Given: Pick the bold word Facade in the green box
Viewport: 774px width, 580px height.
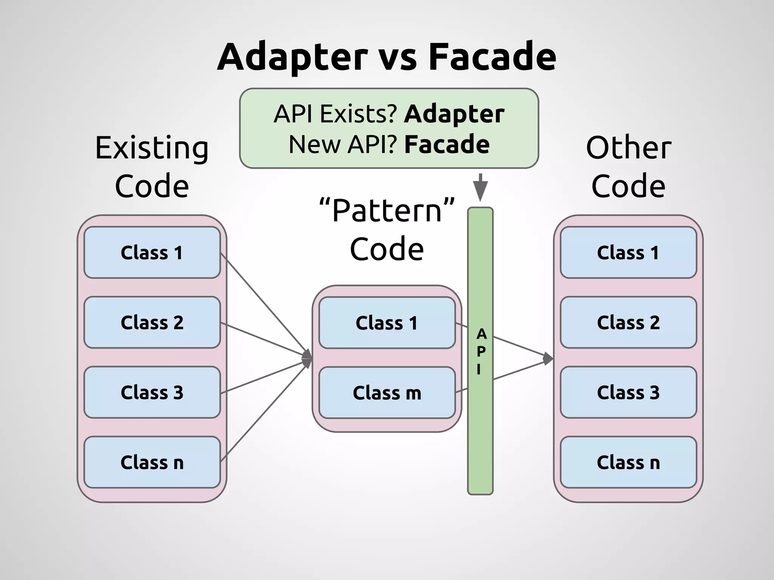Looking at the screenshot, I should pyautogui.click(x=447, y=144).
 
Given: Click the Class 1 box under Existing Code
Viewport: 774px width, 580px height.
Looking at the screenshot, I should pyautogui.click(x=152, y=253).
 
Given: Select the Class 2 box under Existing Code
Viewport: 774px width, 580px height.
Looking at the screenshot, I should pyautogui.click(x=152, y=322).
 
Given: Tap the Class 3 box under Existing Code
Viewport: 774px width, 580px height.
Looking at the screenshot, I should pyautogui.click(x=152, y=392).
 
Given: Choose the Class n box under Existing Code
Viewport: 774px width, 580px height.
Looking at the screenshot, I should pyautogui.click(x=152, y=462).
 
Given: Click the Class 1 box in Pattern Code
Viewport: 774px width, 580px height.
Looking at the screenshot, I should pyautogui.click(x=387, y=323).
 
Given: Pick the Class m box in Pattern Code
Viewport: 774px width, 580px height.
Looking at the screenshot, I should pyautogui.click(x=387, y=393).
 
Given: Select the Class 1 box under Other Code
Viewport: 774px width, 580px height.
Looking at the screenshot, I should pyautogui.click(x=628, y=253).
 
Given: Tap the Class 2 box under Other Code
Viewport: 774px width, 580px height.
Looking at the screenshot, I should pyautogui.click(x=628, y=322).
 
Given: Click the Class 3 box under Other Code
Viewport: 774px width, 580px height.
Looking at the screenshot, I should pyautogui.click(x=628, y=392).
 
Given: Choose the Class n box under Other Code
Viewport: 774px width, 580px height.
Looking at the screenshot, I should pyautogui.click(x=628, y=462).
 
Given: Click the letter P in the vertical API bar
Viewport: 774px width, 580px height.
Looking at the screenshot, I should pyautogui.click(x=481, y=352).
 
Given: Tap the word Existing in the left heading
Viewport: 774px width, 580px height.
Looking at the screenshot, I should pyautogui.click(x=152, y=148).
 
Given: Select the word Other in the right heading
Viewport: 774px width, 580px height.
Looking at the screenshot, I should pyautogui.click(x=628, y=148).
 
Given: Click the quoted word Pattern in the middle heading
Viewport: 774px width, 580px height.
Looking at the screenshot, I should pyautogui.click(x=387, y=211).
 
